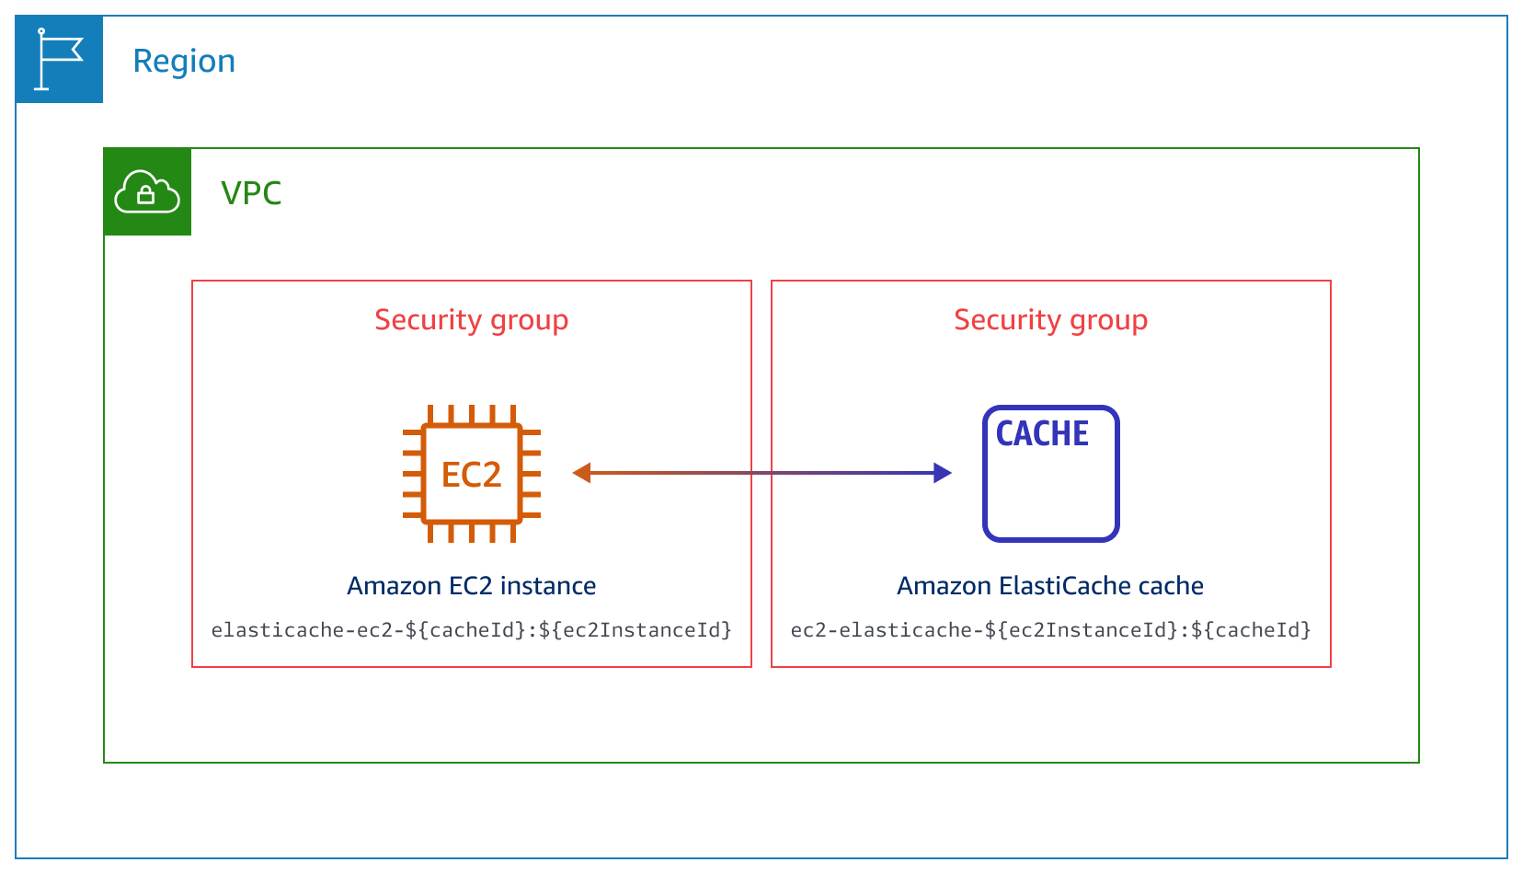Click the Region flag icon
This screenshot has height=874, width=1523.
[59, 60]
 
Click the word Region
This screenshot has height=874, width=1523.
[184, 62]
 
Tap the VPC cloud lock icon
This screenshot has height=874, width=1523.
[147, 192]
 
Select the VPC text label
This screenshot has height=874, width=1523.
[251, 193]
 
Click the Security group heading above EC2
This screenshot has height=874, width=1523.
[471, 320]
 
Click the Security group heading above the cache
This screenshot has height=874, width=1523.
[1050, 320]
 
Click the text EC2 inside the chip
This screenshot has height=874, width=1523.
[471, 475]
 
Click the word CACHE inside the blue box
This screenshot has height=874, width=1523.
[1042, 433]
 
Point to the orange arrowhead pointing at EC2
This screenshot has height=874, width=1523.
[581, 473]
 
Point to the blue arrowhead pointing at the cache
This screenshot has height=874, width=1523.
[942, 473]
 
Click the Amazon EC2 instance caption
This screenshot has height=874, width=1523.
[471, 586]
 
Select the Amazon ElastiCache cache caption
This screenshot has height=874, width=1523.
[1050, 586]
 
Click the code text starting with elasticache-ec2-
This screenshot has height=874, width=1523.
[471, 630]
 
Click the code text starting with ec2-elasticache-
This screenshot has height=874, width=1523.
[1050, 630]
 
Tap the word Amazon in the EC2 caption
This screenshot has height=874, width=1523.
[394, 586]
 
